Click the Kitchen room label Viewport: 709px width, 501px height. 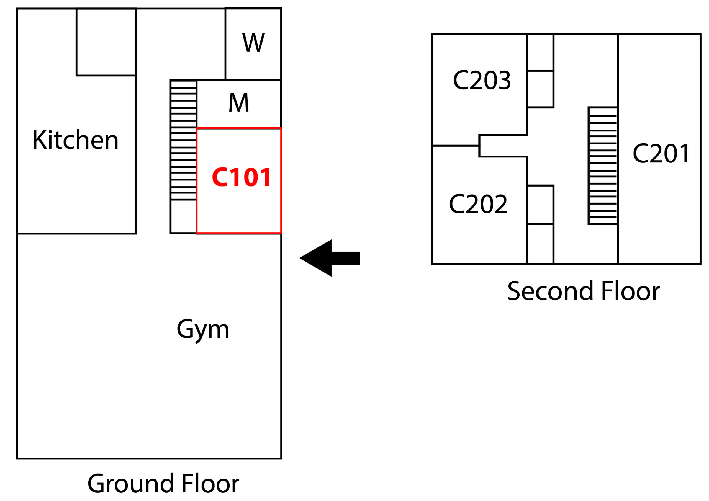point(76,140)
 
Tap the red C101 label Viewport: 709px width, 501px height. point(242,177)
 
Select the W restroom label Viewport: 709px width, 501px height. point(253,43)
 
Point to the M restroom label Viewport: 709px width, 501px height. point(239,102)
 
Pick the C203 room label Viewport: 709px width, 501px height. point(482,80)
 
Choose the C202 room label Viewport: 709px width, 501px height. point(478,204)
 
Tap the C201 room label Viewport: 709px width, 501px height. point(661,153)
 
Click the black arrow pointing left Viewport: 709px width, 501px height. point(330,258)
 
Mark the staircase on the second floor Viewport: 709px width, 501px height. point(603,166)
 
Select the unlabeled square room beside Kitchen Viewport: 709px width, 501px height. point(106,42)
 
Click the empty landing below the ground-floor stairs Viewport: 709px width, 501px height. point(183,216)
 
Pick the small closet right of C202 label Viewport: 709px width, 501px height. point(540,205)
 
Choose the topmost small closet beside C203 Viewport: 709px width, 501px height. point(540,53)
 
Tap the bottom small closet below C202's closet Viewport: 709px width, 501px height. point(540,244)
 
